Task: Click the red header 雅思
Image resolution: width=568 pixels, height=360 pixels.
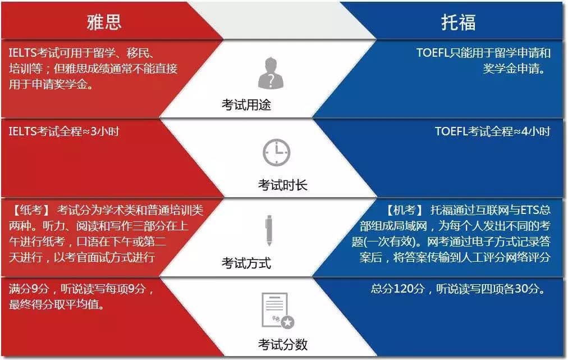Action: (x=104, y=22)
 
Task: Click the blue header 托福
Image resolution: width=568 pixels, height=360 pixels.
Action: (x=458, y=22)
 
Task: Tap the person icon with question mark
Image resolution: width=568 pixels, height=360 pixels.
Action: (x=271, y=73)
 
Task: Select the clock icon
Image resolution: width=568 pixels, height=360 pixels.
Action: (x=276, y=152)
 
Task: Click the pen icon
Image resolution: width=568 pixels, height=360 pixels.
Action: (x=269, y=231)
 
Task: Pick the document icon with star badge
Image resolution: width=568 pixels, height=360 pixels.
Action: (x=278, y=311)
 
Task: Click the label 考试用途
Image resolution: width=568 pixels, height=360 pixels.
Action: (x=246, y=105)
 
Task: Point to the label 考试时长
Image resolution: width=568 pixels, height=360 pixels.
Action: (x=282, y=185)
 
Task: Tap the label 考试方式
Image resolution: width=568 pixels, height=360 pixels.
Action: (x=246, y=263)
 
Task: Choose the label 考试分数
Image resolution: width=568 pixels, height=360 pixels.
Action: (x=282, y=344)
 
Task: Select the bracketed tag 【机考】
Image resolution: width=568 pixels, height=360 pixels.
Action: (x=405, y=210)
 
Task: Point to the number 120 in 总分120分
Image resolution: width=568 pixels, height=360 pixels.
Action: (x=403, y=289)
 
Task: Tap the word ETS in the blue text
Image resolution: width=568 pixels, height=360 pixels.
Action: (x=530, y=210)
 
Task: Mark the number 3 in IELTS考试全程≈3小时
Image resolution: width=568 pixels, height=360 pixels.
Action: (x=94, y=131)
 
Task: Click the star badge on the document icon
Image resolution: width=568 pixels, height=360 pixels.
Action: (x=288, y=322)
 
